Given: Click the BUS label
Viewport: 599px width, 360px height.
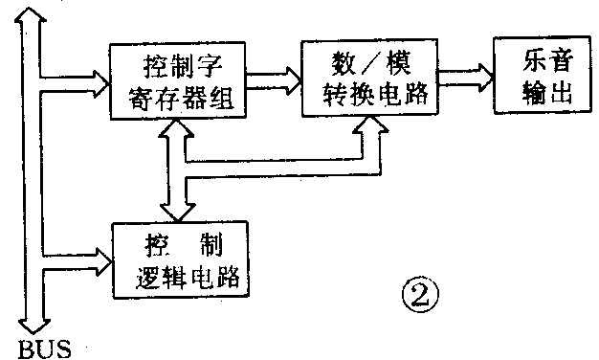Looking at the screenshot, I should click(44, 346).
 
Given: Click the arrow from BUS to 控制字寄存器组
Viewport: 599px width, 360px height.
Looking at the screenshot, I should click(77, 76).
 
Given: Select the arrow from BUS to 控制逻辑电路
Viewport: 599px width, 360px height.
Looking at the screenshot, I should click(77, 255).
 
